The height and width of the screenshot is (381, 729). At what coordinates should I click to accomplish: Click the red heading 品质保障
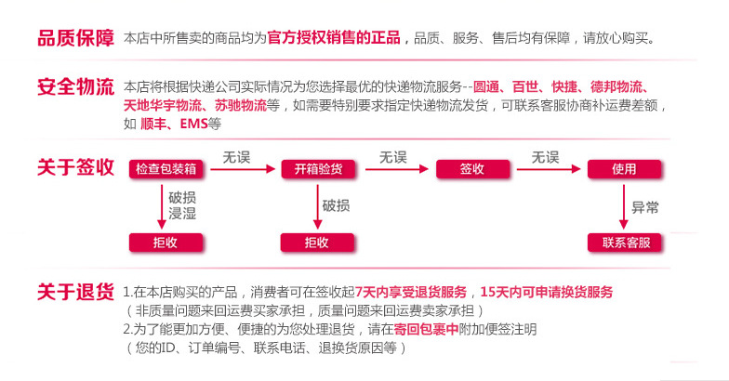75,38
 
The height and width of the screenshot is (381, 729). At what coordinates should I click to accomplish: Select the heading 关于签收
75,167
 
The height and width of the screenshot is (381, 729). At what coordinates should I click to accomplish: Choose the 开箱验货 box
318,169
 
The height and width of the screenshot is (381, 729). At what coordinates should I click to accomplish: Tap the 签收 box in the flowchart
471,169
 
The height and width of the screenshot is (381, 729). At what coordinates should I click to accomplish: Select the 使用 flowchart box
624,169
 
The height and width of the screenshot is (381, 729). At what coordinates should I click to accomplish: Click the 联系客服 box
624,243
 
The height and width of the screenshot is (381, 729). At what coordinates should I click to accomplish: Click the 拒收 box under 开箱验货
318,243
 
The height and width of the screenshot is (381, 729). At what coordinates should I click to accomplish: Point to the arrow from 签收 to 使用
548,169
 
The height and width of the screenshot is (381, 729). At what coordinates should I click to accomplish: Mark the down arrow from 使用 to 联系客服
623,206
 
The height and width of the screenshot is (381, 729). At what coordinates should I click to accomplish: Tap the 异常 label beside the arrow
645,207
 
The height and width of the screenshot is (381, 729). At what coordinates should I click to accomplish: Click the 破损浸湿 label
182,206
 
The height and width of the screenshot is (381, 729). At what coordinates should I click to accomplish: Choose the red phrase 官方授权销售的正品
334,38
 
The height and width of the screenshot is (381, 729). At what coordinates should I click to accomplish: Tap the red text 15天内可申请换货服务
547,292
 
